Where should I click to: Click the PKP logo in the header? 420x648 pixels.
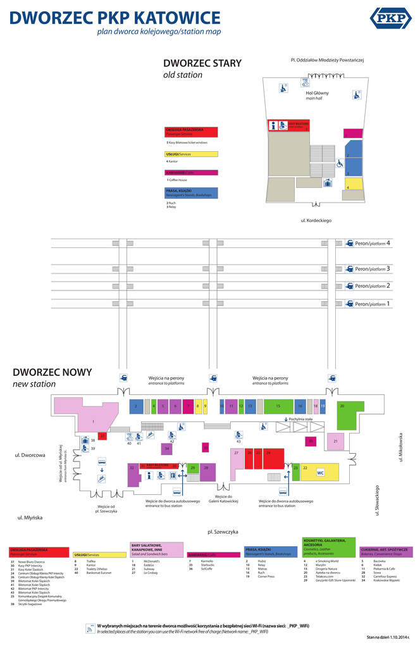tap(390, 18)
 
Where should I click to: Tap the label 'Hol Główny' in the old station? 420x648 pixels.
tap(317, 93)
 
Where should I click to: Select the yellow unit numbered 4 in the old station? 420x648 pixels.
tap(354, 184)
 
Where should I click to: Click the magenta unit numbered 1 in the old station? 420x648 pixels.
tap(353, 134)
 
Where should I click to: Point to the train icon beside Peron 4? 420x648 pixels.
tap(349, 243)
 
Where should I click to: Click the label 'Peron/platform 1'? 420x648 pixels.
tap(373, 304)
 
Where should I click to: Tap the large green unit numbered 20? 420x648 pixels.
tap(345, 413)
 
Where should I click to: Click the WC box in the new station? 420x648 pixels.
tap(320, 473)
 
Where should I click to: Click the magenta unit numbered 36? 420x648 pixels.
tap(311, 440)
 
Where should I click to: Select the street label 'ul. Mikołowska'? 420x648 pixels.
tap(400, 447)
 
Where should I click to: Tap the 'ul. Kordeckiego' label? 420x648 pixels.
tap(316, 220)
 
